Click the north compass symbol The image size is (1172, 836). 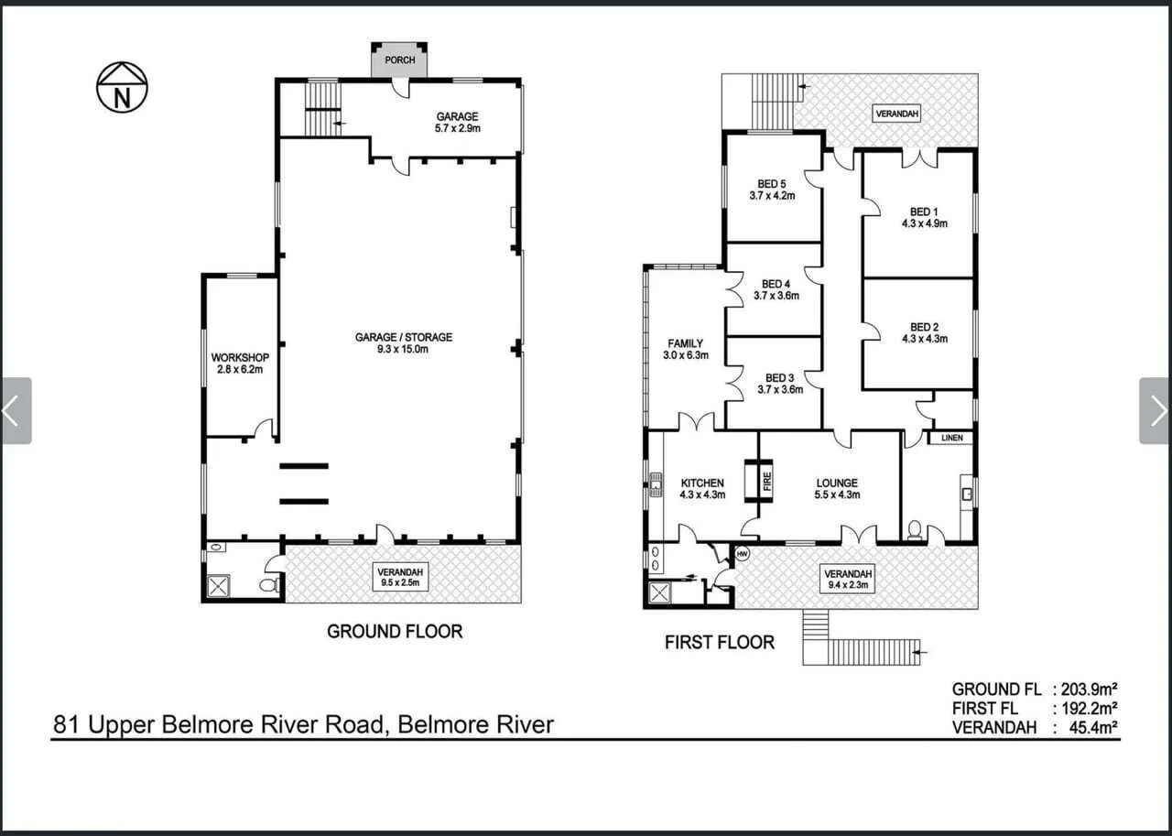tap(122, 87)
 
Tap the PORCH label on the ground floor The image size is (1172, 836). tap(399, 60)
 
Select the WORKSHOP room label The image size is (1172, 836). tap(240, 357)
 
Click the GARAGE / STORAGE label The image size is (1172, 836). tap(404, 337)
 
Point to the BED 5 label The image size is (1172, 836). tap(772, 184)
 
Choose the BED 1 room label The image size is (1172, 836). tap(924, 212)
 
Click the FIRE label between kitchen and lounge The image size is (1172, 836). tap(767, 481)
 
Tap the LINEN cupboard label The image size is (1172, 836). tap(952, 439)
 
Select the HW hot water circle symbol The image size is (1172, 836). tap(742, 554)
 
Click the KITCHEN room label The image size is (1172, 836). tap(702, 483)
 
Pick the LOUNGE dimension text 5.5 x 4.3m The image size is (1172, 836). tap(837, 495)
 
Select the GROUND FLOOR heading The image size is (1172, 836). tap(395, 631)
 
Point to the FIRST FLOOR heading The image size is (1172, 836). tap(719, 643)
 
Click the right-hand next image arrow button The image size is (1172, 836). tap(1156, 410)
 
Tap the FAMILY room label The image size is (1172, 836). tap(685, 343)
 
